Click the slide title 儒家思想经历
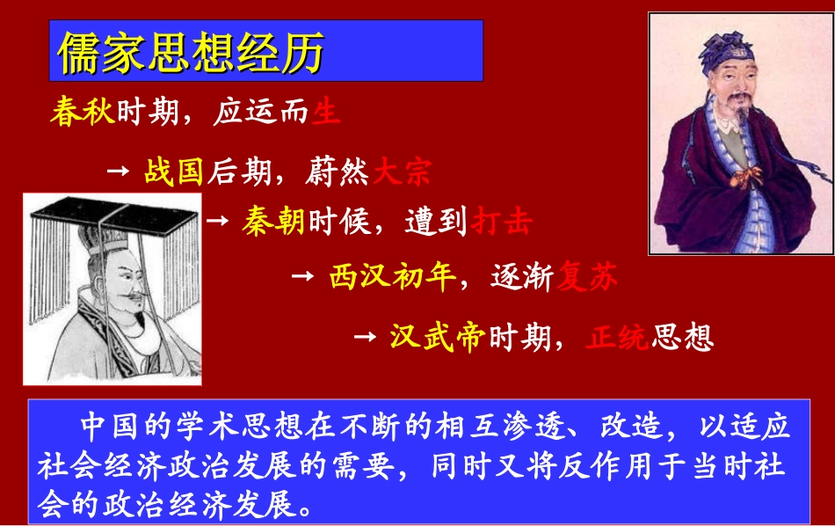pos(192,52)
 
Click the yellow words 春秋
pos(83,112)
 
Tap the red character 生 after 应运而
pos(326,112)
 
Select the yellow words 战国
pos(174,172)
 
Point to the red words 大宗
pos(403,172)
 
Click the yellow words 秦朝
pos(273,221)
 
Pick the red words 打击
pos(502,221)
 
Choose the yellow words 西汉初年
pos(393,276)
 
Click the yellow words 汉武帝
pos(438,337)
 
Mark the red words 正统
pos(617,337)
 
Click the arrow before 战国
pos(119,171)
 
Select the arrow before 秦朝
pos(218,220)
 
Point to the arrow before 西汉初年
pos(302,275)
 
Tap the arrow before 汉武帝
pos(365,336)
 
